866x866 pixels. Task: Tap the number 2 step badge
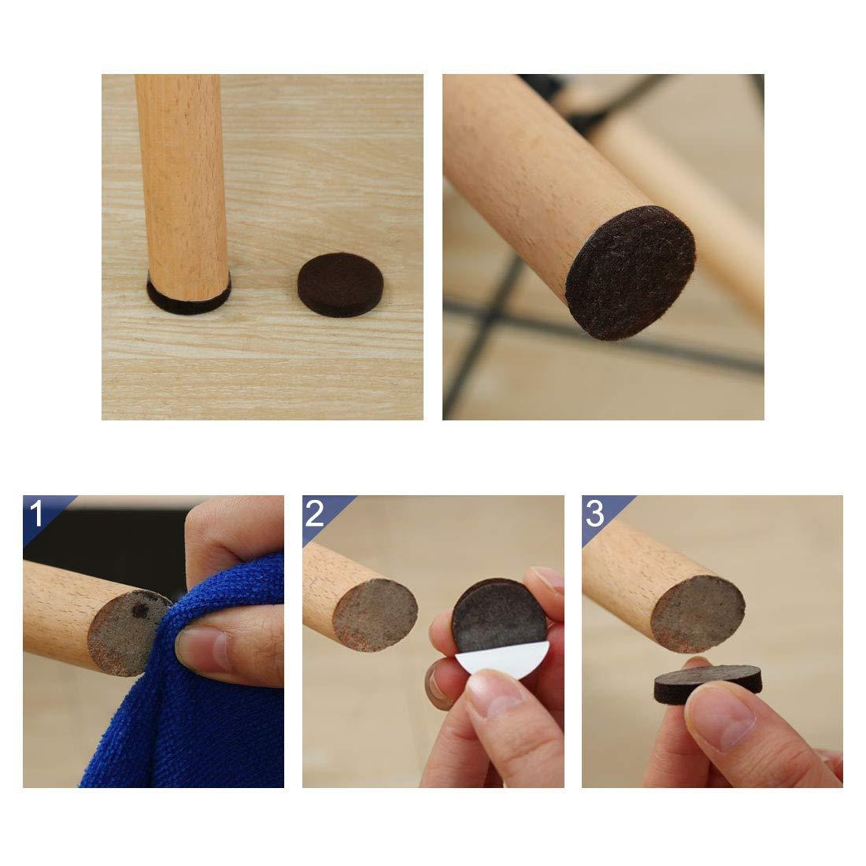click(315, 514)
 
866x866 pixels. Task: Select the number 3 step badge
click(595, 514)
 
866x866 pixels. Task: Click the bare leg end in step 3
click(699, 611)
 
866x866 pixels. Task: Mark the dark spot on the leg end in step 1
click(142, 611)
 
